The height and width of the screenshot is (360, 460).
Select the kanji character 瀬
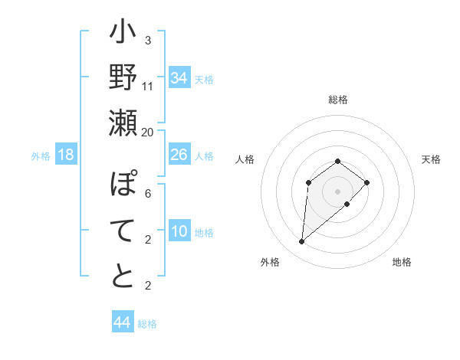coord(123,123)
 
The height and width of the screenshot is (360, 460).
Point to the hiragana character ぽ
coord(123,185)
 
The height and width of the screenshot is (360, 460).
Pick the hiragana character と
coord(123,276)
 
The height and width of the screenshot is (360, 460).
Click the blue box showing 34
coord(179,78)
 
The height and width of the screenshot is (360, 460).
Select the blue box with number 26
coord(179,155)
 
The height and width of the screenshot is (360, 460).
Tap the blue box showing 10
coord(179,231)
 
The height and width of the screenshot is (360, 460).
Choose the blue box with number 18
coord(66,155)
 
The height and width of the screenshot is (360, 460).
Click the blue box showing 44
coord(122,322)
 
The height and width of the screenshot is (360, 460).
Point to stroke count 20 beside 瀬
coord(148,132)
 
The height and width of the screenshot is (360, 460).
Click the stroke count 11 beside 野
coord(148,86)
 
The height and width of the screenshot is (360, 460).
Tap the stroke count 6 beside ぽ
coord(148,194)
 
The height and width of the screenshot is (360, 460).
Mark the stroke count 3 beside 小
coord(148,41)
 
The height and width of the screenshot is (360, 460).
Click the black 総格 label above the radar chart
coord(338,100)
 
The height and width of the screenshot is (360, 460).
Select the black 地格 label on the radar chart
coord(402,263)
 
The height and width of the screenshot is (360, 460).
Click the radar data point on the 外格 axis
coord(302,242)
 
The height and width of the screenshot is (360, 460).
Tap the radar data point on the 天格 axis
coord(367,182)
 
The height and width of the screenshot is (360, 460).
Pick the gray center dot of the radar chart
coord(338,191)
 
